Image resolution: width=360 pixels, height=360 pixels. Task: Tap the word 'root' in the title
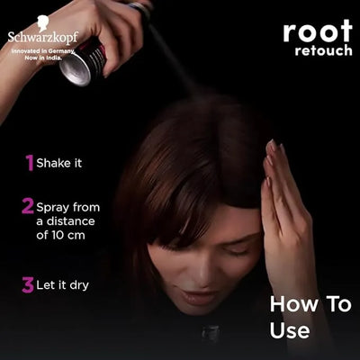coord(318,31)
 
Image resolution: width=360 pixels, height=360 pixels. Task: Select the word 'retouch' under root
coord(324,50)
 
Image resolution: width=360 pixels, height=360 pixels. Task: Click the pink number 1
coord(30,162)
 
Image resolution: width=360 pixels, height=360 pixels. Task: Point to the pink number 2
coord(28,206)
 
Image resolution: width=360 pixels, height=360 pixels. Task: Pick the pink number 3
coord(28,285)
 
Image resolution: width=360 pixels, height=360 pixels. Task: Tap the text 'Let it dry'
coord(63,286)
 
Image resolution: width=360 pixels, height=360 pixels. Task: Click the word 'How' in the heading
coord(289,304)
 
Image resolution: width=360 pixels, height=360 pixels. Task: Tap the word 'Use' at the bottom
coord(290,330)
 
